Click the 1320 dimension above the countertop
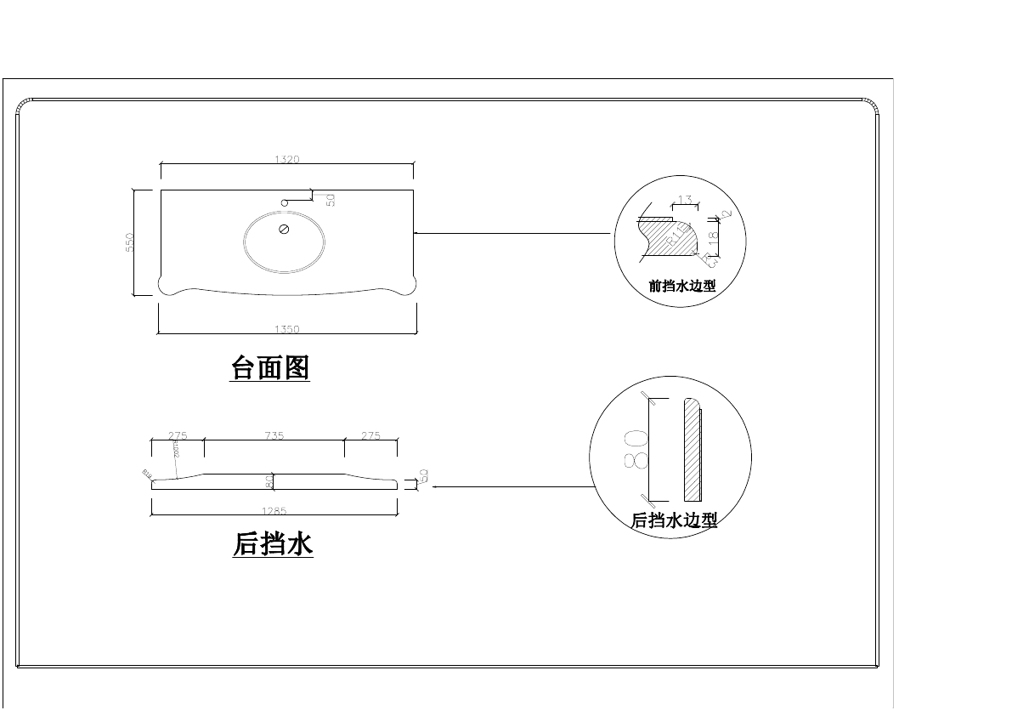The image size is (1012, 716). tap(287, 159)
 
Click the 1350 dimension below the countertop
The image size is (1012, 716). tap(287, 329)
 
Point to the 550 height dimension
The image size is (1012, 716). tap(130, 242)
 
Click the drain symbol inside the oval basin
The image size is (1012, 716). tap(284, 230)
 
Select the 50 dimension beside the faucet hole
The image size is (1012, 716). tap(331, 201)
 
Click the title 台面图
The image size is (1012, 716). tap(270, 368)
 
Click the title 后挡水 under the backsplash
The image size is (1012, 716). tap(273, 543)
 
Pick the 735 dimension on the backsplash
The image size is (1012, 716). tap(274, 435)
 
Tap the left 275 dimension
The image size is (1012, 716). tap(178, 435)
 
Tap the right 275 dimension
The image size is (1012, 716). tap(370, 435)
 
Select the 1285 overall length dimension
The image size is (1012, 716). tap(274, 511)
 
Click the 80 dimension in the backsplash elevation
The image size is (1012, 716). tap(269, 481)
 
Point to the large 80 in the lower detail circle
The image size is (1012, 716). tap(636, 449)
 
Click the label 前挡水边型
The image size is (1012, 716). tap(681, 287)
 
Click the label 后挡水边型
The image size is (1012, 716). tap(674, 520)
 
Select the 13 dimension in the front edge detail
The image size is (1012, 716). tap(685, 200)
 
